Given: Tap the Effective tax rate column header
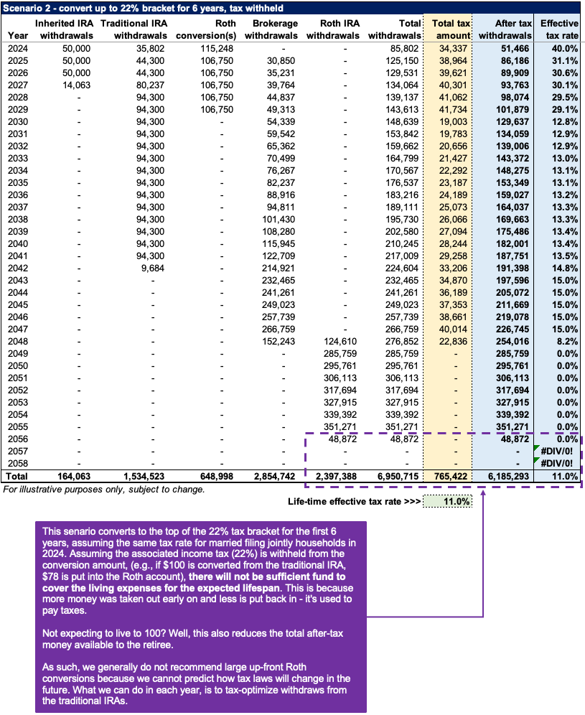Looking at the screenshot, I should (x=559, y=29).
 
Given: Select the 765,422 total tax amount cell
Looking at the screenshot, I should (x=448, y=475).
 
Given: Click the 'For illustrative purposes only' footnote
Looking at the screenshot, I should (x=104, y=489).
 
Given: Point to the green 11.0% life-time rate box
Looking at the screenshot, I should (x=448, y=502).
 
